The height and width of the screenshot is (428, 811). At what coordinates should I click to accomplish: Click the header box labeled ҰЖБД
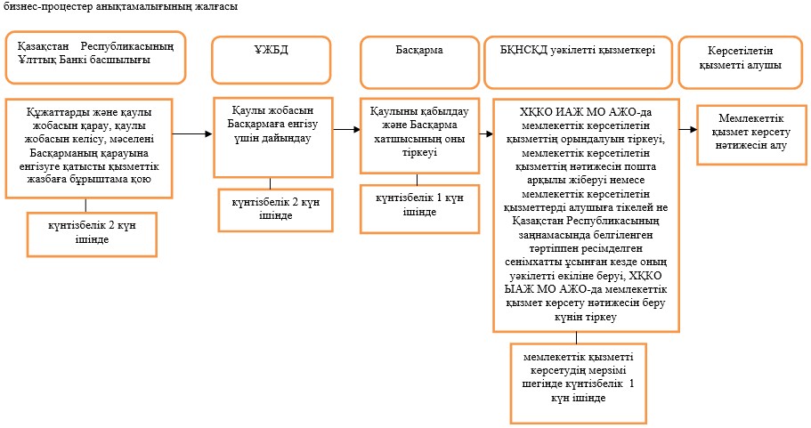tap(271, 60)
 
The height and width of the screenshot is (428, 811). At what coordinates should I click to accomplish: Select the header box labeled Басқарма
tap(419, 62)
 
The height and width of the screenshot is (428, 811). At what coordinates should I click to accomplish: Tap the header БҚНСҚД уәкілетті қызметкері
tap(578, 62)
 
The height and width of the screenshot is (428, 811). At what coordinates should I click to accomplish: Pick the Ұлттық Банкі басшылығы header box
tap(95, 57)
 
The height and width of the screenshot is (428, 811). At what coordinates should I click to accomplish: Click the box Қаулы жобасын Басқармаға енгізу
tap(273, 137)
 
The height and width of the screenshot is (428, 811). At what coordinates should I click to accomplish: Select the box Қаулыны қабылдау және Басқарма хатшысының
tap(419, 135)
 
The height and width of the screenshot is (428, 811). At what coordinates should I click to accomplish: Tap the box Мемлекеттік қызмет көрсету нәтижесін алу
tap(751, 135)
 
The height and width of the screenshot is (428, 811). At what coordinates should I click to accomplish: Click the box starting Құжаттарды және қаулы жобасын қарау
tap(88, 149)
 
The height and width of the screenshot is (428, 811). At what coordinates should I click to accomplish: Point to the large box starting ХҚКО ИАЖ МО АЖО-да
tap(586, 215)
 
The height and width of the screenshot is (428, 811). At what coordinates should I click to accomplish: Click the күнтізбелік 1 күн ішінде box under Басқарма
tap(419, 209)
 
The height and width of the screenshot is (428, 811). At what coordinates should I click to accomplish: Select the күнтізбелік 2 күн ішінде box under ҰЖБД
tap(276, 210)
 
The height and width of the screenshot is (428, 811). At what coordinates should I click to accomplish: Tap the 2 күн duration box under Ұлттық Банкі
tap(92, 234)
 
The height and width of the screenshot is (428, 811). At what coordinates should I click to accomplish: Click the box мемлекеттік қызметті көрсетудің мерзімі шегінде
tap(579, 383)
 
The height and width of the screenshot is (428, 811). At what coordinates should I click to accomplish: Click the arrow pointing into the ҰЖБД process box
tap(192, 133)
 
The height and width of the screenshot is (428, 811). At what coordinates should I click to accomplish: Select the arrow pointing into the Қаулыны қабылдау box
tap(346, 129)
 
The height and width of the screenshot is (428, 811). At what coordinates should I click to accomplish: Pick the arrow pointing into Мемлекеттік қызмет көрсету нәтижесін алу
tap(688, 129)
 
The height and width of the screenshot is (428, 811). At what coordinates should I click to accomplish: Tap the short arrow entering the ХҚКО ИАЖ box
tap(486, 133)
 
